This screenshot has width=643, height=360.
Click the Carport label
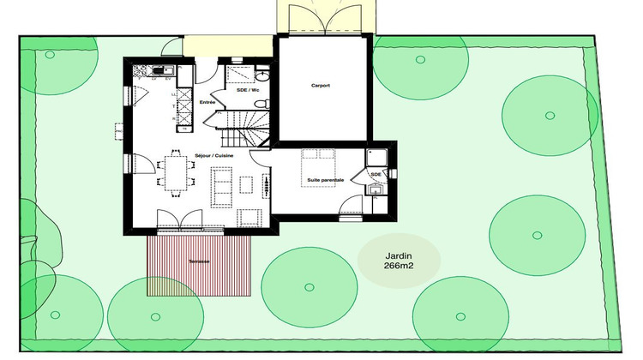click(321, 86)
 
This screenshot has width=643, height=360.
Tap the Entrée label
click(207, 102)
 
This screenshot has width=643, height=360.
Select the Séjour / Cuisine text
click(214, 155)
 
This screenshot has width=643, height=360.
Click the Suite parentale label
click(325, 180)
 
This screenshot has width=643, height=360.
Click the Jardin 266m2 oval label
click(399, 258)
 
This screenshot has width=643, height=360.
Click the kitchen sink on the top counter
click(166, 70)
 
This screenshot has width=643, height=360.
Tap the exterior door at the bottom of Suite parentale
click(350, 209)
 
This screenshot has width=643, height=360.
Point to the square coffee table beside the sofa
click(247, 185)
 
